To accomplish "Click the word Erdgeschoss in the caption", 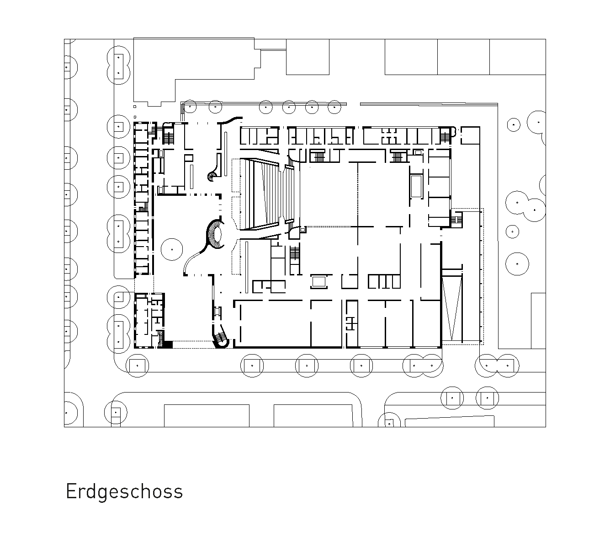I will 124,492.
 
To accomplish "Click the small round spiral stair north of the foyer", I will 213,176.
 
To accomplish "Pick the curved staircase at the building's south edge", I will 221,338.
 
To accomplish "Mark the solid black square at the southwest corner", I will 167,345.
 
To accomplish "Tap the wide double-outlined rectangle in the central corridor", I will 319,281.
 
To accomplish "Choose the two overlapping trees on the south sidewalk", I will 422,366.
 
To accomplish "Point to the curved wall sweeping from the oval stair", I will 195,258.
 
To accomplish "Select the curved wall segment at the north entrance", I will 230,120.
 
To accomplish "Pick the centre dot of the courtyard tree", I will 172,249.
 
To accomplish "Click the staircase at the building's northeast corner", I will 445,135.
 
